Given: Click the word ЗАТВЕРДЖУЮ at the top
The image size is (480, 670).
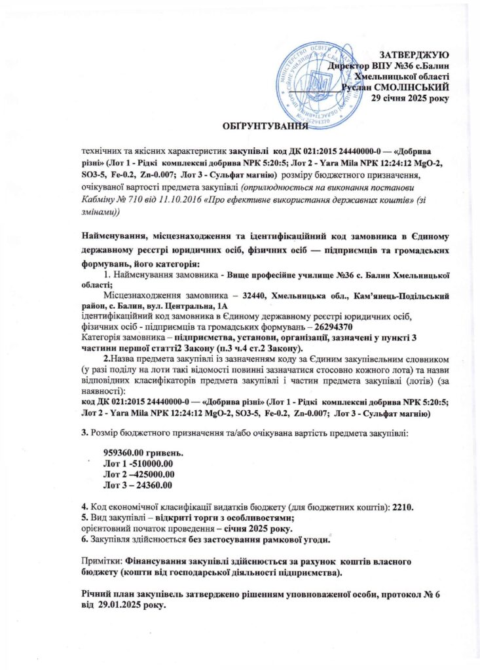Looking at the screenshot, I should coord(414,52).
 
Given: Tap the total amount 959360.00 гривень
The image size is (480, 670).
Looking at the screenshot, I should coord(143,453).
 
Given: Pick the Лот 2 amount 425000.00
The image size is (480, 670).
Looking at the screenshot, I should coord(151,473).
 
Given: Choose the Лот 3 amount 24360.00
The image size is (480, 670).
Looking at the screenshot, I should coord(151,484).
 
